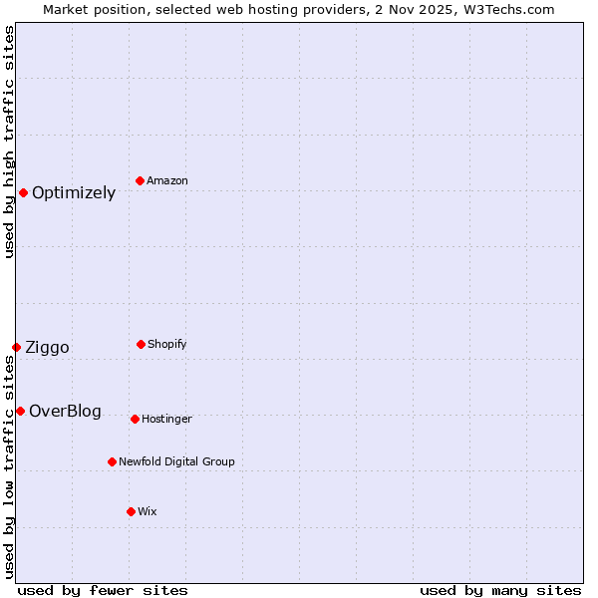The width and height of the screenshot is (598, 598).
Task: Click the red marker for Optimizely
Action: coord(23,192)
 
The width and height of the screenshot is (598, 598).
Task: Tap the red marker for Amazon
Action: coord(140,180)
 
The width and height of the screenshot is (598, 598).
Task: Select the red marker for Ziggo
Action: coord(16,347)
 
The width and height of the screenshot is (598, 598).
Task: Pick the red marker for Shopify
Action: coord(141,344)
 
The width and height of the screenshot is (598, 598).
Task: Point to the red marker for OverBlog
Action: coord(20,411)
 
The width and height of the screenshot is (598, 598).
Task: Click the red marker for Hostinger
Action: coord(135,419)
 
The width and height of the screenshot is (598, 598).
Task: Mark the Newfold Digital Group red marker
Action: coord(112,461)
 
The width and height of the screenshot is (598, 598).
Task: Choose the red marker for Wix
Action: coord(131,511)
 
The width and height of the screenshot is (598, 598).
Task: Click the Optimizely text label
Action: coord(74,193)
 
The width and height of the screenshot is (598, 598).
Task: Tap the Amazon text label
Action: coord(167,180)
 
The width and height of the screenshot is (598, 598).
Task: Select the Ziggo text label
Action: coord(47,348)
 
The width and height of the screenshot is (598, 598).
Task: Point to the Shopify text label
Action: coord(167,344)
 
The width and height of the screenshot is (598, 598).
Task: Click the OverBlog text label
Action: coord(65,412)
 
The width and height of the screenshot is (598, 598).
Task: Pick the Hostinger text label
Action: coord(166,419)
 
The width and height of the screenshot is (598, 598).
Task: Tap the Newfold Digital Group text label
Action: coord(176,461)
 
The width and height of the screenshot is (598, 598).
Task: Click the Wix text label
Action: coord(148,511)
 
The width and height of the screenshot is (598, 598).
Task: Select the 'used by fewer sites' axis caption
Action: coord(103,590)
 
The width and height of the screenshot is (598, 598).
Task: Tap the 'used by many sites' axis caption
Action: coord(500,590)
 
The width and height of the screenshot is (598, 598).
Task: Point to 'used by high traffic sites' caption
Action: coord(9,142)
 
